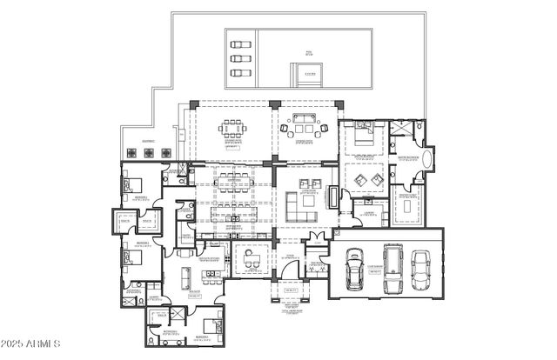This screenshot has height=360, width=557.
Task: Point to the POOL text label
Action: [308, 52]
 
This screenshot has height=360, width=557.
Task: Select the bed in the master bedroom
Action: [360, 132]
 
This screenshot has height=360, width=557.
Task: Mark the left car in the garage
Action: [355, 270]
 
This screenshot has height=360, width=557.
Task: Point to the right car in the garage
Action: [421, 269]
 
